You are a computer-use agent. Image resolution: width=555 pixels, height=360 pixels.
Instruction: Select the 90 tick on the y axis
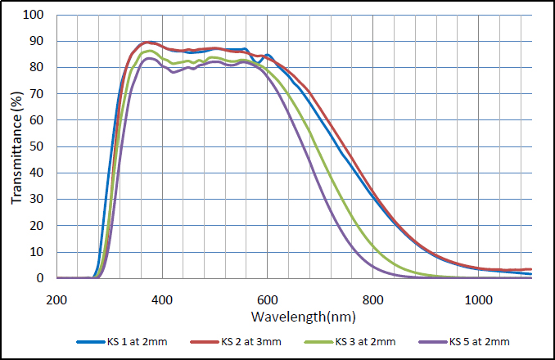click(36, 41)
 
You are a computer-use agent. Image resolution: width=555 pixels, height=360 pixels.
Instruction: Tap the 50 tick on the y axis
click(36, 146)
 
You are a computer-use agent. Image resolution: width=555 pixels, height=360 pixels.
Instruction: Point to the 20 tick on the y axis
click(36, 226)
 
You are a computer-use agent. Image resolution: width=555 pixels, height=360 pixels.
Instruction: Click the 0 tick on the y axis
click(39, 278)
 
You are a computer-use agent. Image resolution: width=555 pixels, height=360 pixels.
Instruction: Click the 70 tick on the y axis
click(36, 94)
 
